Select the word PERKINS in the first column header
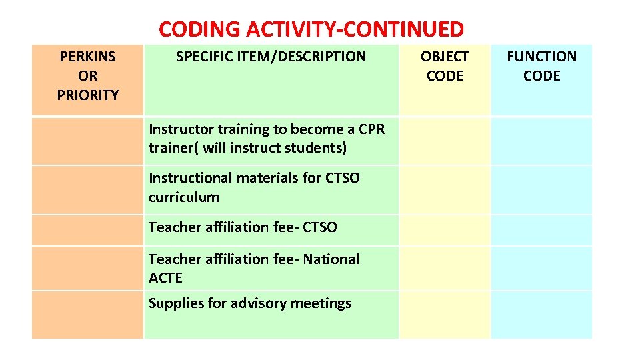click(x=87, y=57)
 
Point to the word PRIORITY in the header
click(x=87, y=95)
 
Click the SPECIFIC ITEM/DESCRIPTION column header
click(x=271, y=57)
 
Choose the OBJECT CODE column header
click(x=445, y=66)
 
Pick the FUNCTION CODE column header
click(x=541, y=66)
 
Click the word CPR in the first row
click(x=371, y=129)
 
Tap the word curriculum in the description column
click(x=183, y=197)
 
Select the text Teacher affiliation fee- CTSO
click(x=243, y=227)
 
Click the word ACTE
click(x=165, y=277)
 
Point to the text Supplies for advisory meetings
click(x=249, y=303)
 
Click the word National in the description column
click(x=331, y=259)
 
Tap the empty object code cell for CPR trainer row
click(x=445, y=141)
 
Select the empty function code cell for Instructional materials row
click(x=541, y=189)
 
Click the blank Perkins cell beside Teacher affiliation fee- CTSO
click(x=87, y=229)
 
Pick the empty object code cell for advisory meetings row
click(x=445, y=314)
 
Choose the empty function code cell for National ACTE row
click(x=541, y=268)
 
